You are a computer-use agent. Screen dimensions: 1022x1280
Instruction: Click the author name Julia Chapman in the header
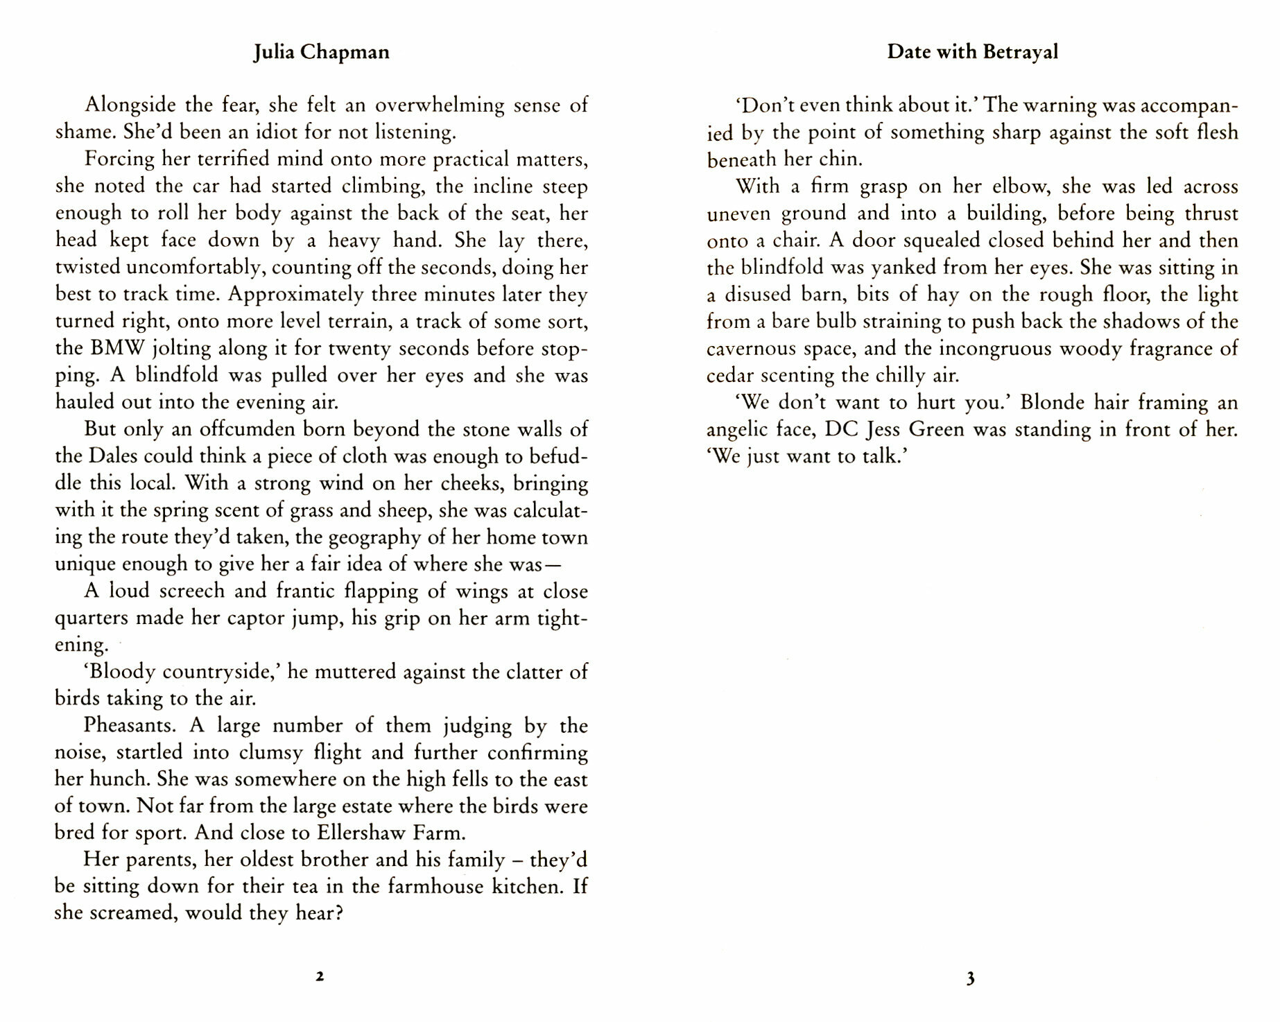(x=321, y=53)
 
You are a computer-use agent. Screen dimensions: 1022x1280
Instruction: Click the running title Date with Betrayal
(x=972, y=52)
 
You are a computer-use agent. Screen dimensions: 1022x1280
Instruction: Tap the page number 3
(x=970, y=979)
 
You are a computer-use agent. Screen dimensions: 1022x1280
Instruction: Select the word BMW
(x=117, y=348)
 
